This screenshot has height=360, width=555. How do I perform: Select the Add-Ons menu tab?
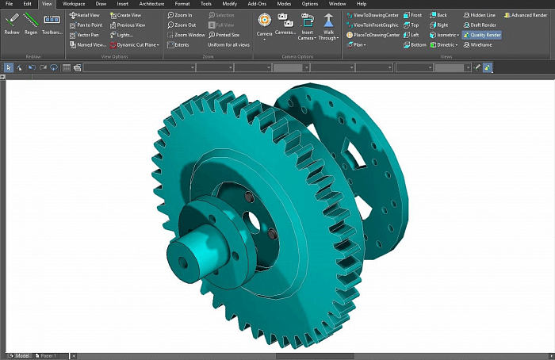(x=257, y=4)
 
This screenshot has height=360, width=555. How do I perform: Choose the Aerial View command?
(x=85, y=15)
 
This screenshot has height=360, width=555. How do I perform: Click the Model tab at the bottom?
(x=21, y=356)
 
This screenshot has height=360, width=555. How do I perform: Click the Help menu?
(x=362, y=4)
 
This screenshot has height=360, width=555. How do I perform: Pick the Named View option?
(x=88, y=45)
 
